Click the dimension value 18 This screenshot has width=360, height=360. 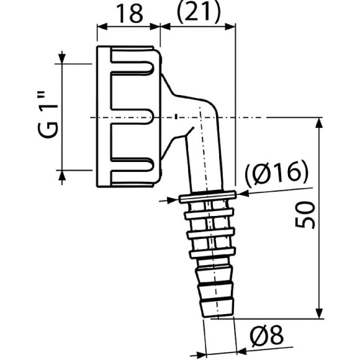[x=128, y=14]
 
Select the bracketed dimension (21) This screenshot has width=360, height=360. [x=197, y=14]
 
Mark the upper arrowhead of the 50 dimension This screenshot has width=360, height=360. [x=319, y=123]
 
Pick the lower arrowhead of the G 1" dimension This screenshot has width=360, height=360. [x=61, y=174]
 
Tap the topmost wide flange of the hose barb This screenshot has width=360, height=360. [x=208, y=198]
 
